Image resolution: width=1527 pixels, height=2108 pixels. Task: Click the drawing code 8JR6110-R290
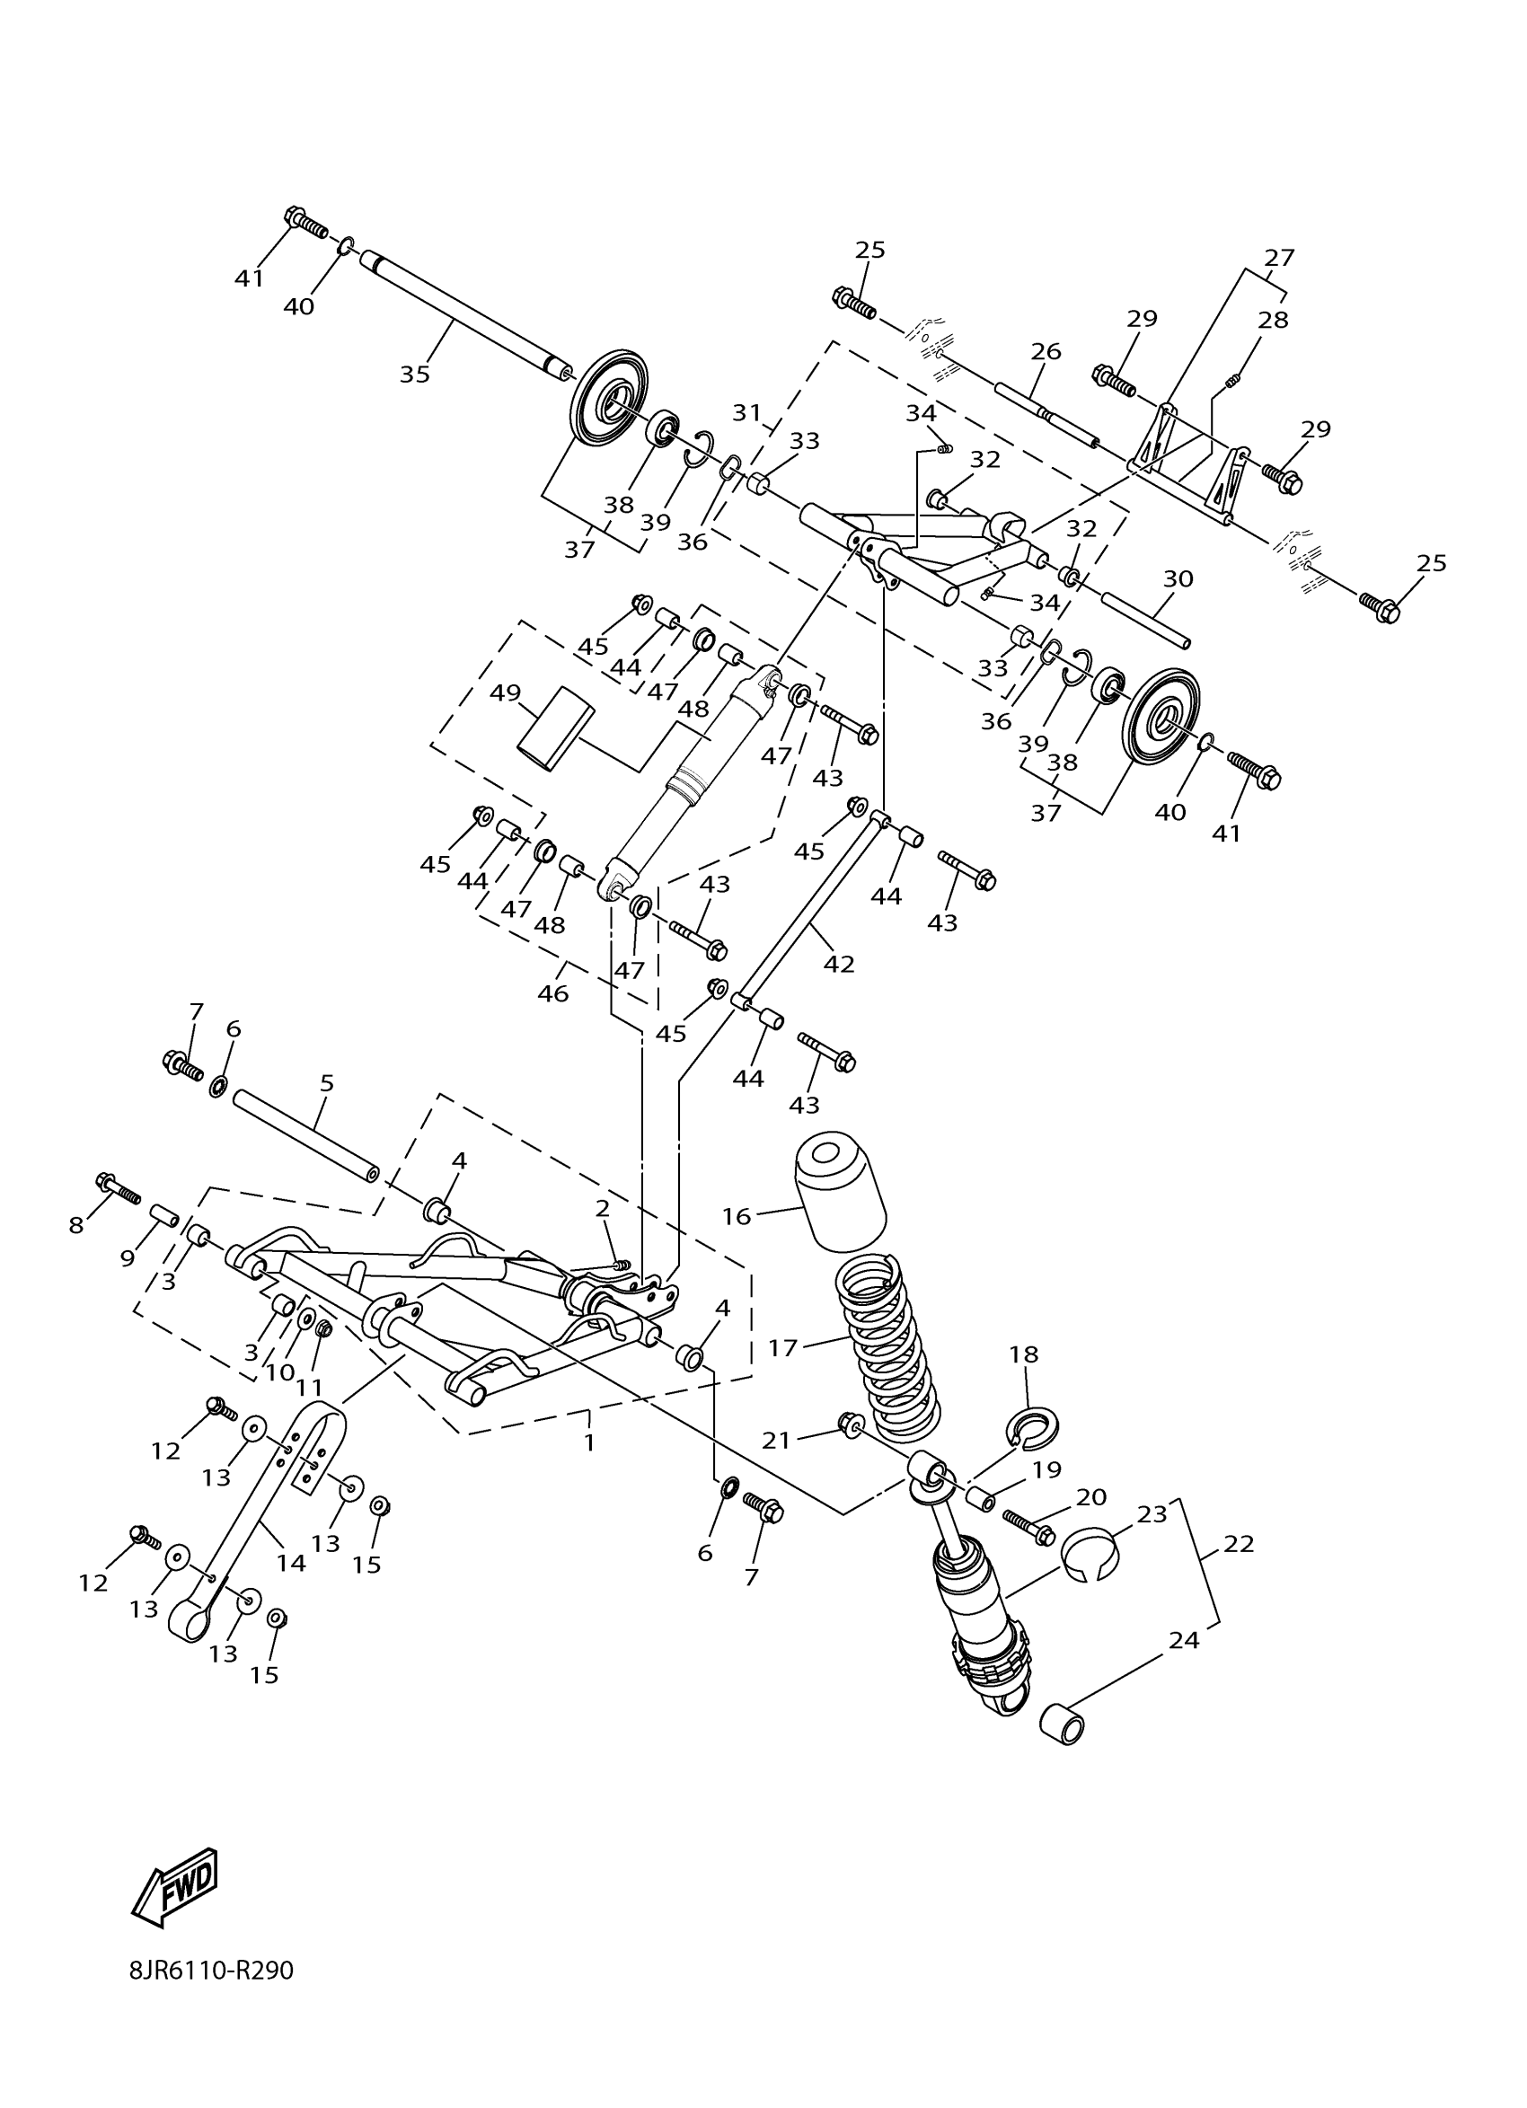click(212, 1996)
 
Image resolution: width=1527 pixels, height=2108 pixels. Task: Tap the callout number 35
click(414, 374)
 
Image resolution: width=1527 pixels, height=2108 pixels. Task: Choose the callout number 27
click(1279, 257)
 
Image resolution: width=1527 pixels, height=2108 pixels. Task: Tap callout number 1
click(589, 1442)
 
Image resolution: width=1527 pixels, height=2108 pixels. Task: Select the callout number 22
click(1239, 1543)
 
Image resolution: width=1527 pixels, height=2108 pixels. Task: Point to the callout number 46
click(553, 992)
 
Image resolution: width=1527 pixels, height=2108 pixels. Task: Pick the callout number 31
click(746, 412)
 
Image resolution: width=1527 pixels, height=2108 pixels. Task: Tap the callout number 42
click(838, 964)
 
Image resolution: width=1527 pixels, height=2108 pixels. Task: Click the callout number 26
click(1046, 351)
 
